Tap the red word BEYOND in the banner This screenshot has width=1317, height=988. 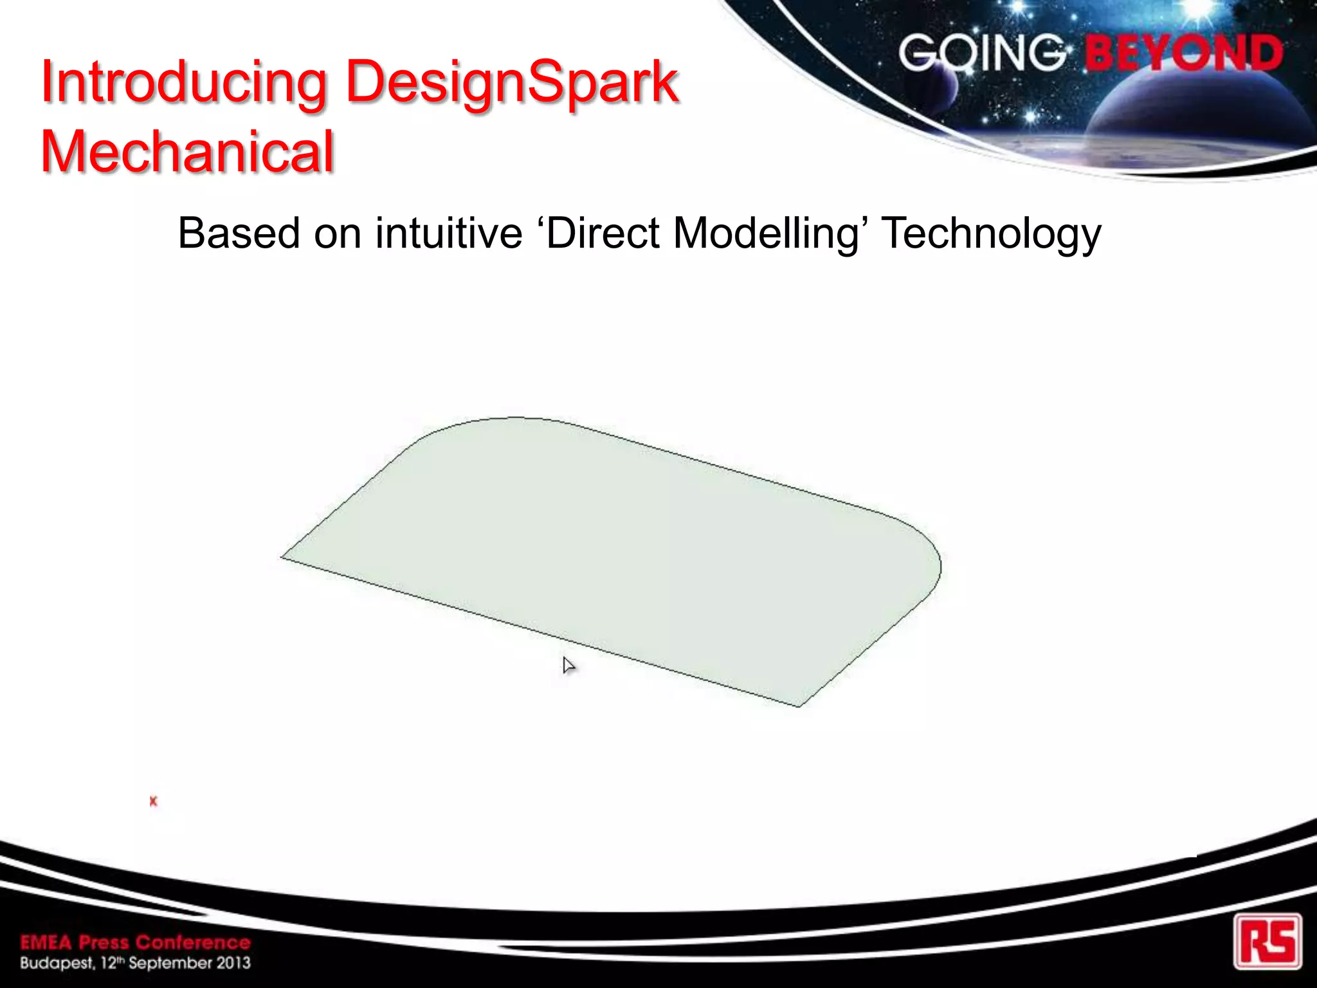coord(1184,53)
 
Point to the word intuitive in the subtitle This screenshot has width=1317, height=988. coord(448,233)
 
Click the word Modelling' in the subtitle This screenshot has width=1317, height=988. coord(770,233)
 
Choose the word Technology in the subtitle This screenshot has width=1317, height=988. coord(991,234)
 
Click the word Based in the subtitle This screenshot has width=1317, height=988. coord(237,233)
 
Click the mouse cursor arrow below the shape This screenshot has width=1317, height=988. coord(568,665)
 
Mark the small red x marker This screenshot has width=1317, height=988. coord(153,801)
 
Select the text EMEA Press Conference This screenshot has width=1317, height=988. coord(135,942)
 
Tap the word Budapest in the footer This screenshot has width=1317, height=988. coord(57,963)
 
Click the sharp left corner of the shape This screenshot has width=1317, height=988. coord(283,557)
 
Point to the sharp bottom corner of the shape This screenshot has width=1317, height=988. coord(799,706)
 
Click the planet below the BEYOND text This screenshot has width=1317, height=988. coord(1196,122)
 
